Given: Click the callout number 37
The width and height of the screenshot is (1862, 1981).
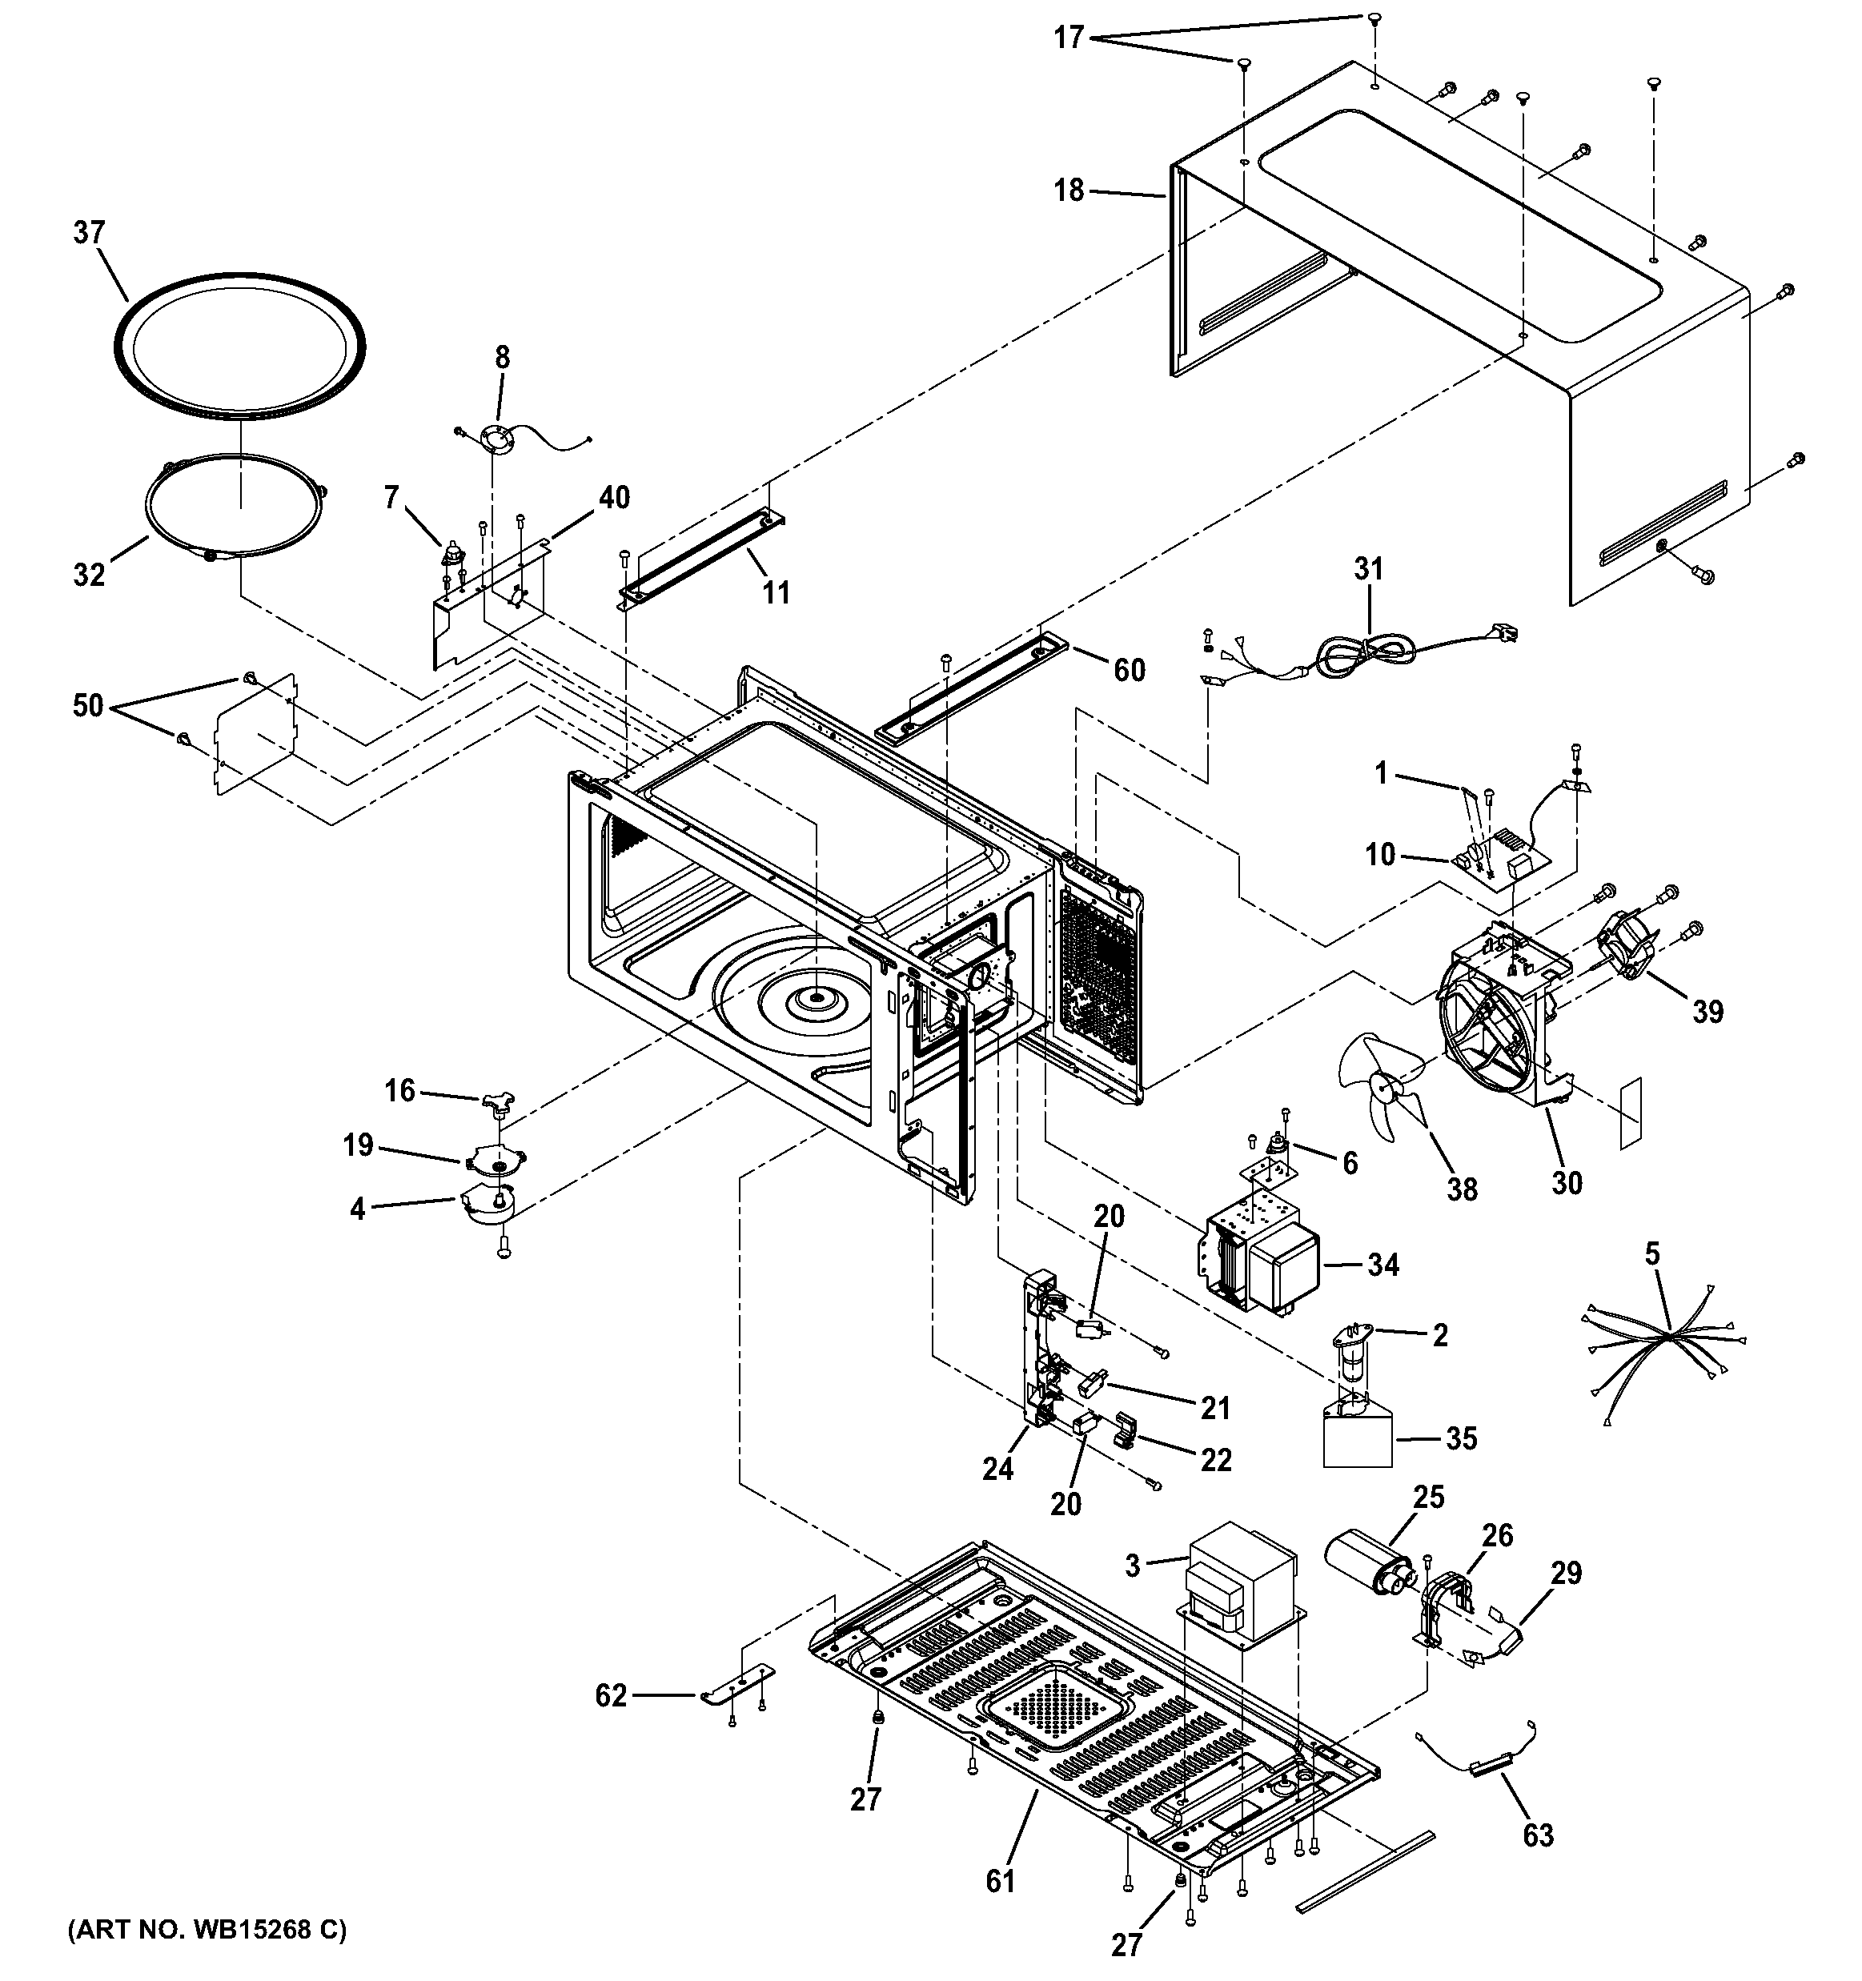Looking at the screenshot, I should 89,233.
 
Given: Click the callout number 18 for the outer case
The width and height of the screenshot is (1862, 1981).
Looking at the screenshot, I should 1069,190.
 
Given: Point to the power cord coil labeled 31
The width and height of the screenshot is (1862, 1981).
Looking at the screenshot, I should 1366,652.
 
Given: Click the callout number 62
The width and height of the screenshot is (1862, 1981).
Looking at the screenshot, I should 611,1694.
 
